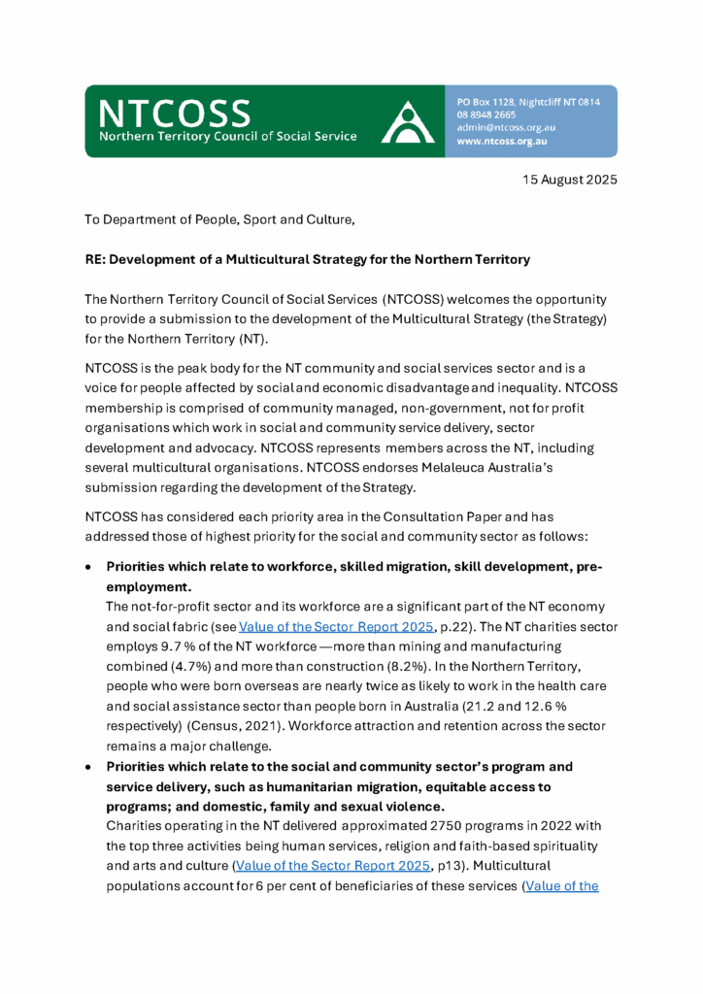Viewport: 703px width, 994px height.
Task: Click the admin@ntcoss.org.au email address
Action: [506, 127]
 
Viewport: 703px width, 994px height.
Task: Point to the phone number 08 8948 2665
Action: [487, 115]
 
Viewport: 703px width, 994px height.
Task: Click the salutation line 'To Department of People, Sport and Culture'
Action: [219, 220]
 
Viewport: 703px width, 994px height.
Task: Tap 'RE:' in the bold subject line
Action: [97, 260]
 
